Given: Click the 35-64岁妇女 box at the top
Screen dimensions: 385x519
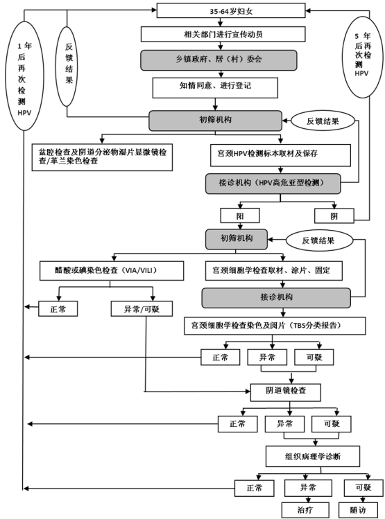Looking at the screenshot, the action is point(230,10).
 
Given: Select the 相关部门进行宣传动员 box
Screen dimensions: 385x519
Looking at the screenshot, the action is point(223,34).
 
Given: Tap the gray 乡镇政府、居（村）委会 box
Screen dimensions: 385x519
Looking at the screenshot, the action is point(219,60).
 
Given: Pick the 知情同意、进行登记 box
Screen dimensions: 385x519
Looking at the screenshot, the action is point(215,88).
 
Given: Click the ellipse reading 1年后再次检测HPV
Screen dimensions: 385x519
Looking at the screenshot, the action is point(24,76).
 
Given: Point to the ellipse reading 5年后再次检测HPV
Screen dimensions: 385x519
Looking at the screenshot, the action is point(363,57).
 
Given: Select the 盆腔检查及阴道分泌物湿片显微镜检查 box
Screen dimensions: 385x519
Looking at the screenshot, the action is point(102,157).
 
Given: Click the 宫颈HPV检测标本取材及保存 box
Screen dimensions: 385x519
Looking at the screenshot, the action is point(280,155).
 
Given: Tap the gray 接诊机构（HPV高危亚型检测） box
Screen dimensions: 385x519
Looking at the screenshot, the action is point(273,184).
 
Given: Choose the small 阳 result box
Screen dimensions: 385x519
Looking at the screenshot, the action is point(240,215).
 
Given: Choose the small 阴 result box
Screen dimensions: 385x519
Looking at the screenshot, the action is point(334,215).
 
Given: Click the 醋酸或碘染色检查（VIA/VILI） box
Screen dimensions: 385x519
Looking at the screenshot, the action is point(112,271).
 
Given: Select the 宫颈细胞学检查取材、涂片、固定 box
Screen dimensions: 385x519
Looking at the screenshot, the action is point(274,271).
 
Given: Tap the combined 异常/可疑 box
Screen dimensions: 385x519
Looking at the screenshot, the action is point(142,309).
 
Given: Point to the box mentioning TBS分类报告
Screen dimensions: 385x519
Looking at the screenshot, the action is point(275,326).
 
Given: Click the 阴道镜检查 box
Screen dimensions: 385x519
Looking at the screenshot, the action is point(286,392).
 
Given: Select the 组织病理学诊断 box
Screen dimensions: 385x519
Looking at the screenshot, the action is point(313,457).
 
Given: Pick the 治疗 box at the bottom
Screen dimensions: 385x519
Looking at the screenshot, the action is point(305,510).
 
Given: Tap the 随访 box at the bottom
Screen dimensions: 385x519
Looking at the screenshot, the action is point(358,510).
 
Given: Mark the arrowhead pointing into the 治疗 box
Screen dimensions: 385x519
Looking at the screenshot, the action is point(309,500).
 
